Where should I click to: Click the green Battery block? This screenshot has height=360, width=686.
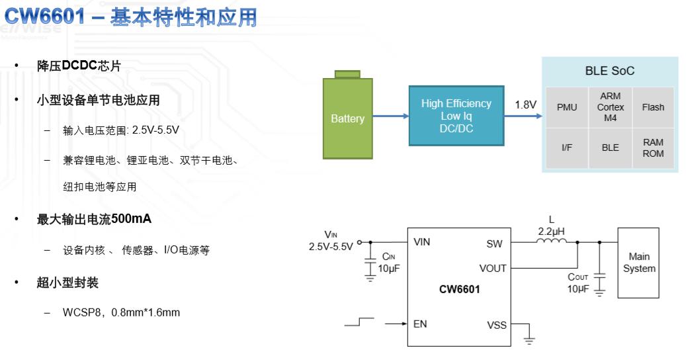347,118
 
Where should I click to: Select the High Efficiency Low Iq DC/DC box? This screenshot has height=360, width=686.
456,116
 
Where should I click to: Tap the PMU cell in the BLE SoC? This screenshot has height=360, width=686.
566,107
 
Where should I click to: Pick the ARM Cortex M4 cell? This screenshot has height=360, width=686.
610,107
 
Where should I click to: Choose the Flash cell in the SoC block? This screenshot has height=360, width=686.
653,107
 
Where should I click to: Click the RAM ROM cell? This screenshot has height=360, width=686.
653,148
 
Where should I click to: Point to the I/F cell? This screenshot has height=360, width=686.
566,148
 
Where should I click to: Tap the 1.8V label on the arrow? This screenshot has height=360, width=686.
525,105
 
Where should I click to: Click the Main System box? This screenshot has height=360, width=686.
638,263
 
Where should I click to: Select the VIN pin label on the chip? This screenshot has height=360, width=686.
421,242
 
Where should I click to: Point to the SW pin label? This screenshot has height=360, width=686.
494,244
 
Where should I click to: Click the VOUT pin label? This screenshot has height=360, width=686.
492,268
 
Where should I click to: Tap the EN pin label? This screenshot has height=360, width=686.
420,324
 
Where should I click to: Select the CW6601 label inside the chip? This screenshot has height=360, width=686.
459,289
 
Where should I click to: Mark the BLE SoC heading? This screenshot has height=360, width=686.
609,71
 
